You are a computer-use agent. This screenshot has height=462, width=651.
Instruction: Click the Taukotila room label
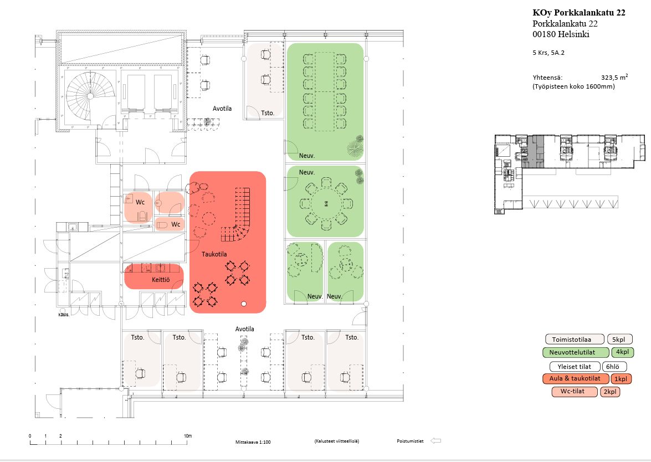point(214,254)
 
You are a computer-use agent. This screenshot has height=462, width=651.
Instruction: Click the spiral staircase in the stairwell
point(88,95)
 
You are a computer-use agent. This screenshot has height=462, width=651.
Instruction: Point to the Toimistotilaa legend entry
point(573,339)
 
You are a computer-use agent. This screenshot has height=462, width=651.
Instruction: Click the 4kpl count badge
point(623,352)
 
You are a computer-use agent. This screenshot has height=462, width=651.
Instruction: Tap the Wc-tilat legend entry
point(575,392)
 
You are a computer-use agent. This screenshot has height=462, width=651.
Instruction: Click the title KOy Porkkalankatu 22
point(579,13)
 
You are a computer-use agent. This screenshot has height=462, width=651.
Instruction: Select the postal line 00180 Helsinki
point(561,34)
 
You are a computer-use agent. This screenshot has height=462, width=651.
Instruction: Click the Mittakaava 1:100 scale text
point(253,442)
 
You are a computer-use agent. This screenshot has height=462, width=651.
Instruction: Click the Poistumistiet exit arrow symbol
point(435,441)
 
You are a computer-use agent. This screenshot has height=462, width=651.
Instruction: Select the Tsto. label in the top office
point(267,113)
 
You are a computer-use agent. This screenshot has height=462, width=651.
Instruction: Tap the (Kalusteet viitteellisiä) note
point(336,441)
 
